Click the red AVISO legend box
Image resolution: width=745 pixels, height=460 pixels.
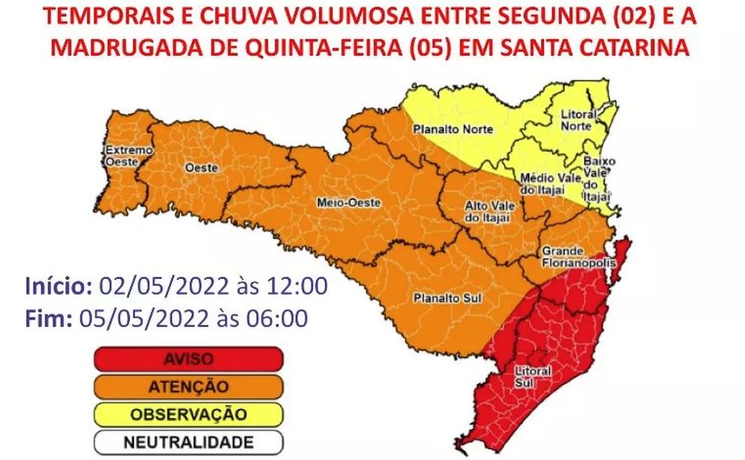[x=188, y=359]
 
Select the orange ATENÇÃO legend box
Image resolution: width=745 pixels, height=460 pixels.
[x=188, y=386]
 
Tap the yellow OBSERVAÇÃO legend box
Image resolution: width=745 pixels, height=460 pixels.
[x=188, y=413]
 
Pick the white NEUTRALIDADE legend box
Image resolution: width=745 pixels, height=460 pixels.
[x=188, y=441]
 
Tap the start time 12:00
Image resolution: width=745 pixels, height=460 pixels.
[x=301, y=286]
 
